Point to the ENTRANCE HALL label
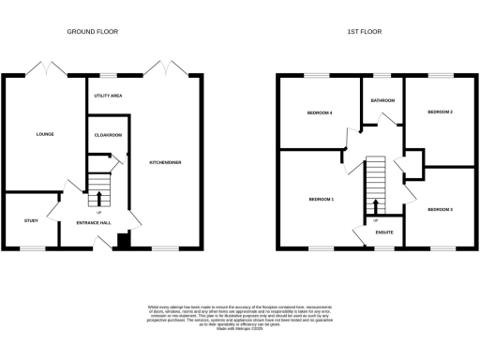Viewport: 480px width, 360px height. coord(94,222)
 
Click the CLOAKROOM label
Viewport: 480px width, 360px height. coord(109,135)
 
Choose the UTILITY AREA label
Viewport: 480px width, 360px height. coord(110,96)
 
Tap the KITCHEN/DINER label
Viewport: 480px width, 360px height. coord(165,163)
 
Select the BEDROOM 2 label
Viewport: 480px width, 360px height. coord(440,112)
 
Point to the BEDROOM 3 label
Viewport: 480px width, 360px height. coord(440,209)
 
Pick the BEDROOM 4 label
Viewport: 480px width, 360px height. coord(320,112)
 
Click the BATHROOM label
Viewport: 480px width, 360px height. coord(382,99)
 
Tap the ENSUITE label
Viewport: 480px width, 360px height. coord(383,232)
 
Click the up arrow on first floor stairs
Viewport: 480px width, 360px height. coord(376,206)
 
